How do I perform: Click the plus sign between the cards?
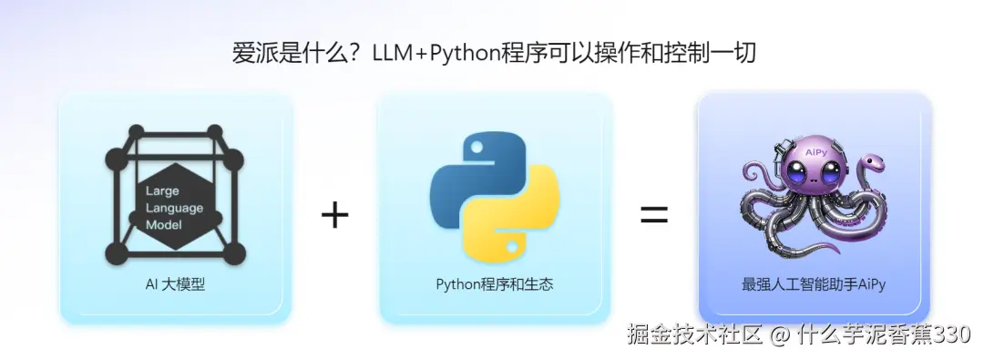(335, 215)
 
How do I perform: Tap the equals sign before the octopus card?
(653, 215)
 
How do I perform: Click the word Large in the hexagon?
(162, 191)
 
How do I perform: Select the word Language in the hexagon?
(174, 208)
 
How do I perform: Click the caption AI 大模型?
(175, 284)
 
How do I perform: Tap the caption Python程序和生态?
(494, 284)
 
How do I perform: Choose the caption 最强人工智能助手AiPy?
(814, 284)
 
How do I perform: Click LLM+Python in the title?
(433, 54)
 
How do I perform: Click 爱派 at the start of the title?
(252, 54)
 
